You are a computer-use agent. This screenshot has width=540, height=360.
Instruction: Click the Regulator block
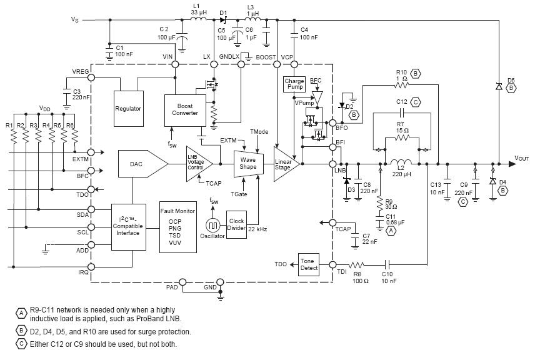(128, 108)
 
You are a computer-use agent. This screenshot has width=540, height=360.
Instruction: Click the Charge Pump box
(294, 84)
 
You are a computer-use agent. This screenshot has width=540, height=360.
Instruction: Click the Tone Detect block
(309, 264)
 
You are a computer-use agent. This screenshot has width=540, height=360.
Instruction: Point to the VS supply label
(76, 20)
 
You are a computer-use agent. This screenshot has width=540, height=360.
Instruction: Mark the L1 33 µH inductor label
(199, 9)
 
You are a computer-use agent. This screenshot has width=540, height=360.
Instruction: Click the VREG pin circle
(91, 77)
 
